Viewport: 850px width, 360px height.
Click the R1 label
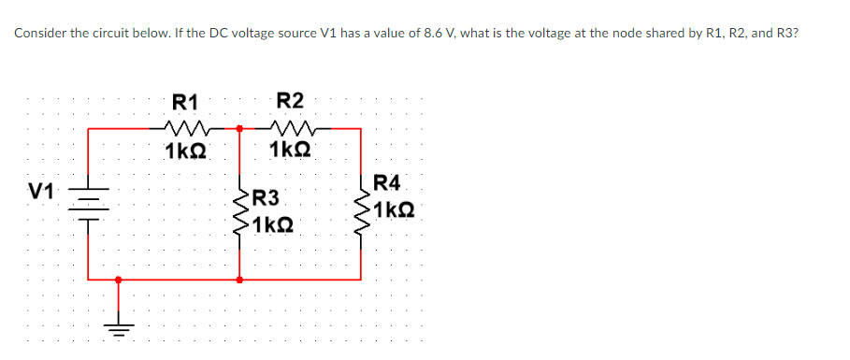pos(185,101)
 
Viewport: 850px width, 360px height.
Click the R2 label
pos(290,101)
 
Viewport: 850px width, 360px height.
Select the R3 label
pos(266,197)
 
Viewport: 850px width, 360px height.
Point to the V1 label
pos(39,192)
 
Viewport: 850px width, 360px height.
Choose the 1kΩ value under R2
pos(291,150)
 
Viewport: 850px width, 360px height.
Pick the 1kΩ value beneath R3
pos(275,224)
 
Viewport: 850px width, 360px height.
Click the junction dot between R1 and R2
pos(239,128)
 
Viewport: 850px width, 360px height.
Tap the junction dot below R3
pos(239,279)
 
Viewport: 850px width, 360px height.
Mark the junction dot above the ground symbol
pos(118,279)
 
